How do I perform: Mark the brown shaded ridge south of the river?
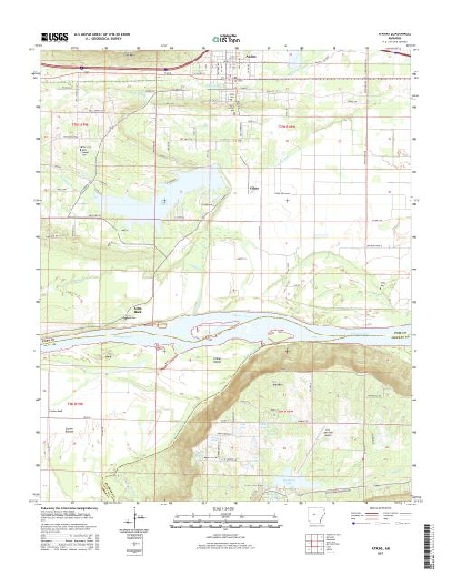click(262, 371)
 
